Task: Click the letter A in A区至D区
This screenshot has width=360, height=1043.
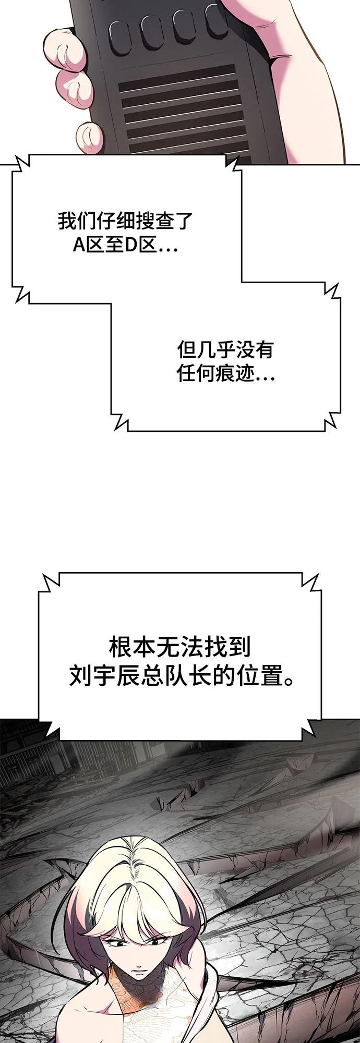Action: [79, 245]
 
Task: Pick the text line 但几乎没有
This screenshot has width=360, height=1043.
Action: [225, 349]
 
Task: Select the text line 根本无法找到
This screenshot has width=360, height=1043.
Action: [180, 647]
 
